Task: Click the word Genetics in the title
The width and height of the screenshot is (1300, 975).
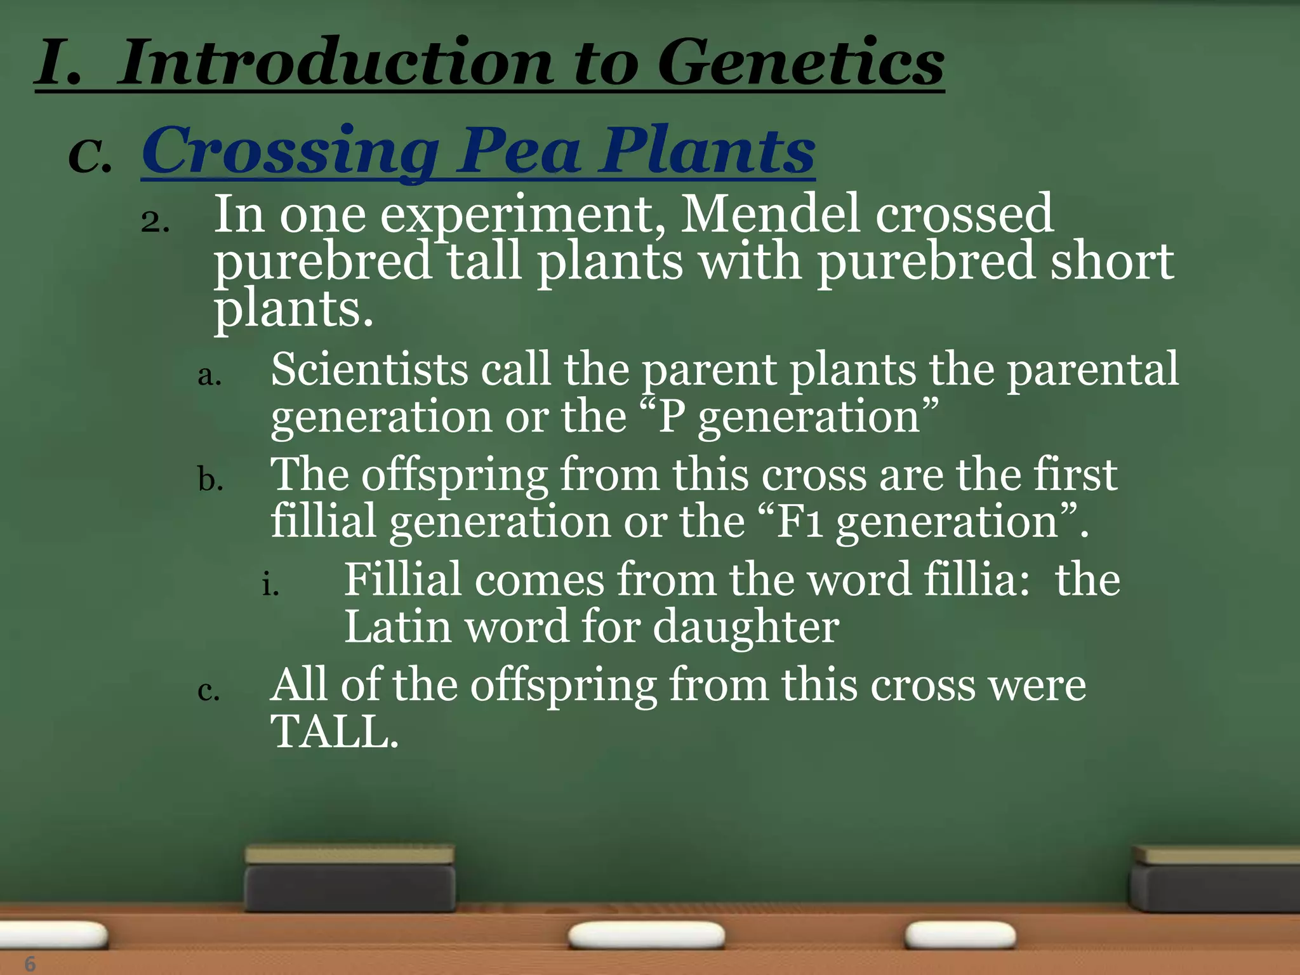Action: click(x=800, y=63)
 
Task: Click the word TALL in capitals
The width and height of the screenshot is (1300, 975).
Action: click(x=333, y=732)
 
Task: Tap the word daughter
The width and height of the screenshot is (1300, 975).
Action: click(x=745, y=627)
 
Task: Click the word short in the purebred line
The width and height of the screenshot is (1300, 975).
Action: click(x=1111, y=262)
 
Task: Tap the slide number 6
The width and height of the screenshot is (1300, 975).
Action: click(x=30, y=964)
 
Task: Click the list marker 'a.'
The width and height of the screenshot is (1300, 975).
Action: click(x=209, y=376)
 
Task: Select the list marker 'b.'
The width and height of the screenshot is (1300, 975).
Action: click(x=209, y=481)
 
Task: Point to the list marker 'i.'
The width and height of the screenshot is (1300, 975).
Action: click(x=270, y=585)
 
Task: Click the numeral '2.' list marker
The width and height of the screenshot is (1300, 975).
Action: click(x=155, y=223)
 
